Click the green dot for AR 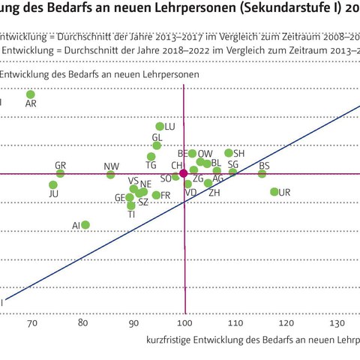31,94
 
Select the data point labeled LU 160,127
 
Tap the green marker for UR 274,192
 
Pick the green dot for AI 85,225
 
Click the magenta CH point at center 184,173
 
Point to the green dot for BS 262,174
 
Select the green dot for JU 53,184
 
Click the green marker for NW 111,175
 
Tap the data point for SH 229,153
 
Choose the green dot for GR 61,173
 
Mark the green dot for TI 131,205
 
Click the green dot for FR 156,195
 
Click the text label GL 157,138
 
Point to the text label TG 151,166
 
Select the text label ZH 214,193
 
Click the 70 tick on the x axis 31,323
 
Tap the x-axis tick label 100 184,323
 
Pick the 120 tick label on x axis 286,323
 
